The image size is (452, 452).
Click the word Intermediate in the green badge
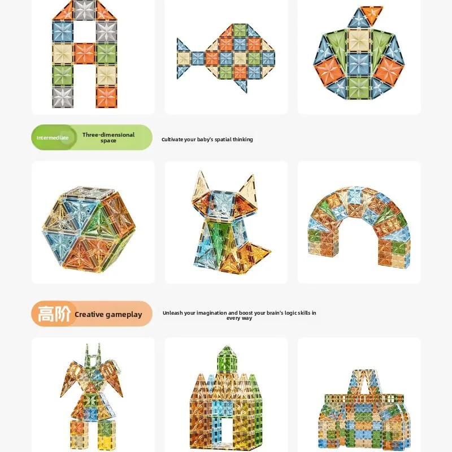(x=53, y=138)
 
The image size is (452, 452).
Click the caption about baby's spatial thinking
(x=207, y=140)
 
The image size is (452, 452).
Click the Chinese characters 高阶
(x=54, y=314)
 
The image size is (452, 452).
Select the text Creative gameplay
(x=108, y=315)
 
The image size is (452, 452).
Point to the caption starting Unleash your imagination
(x=239, y=315)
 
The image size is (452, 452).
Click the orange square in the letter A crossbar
(x=85, y=54)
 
